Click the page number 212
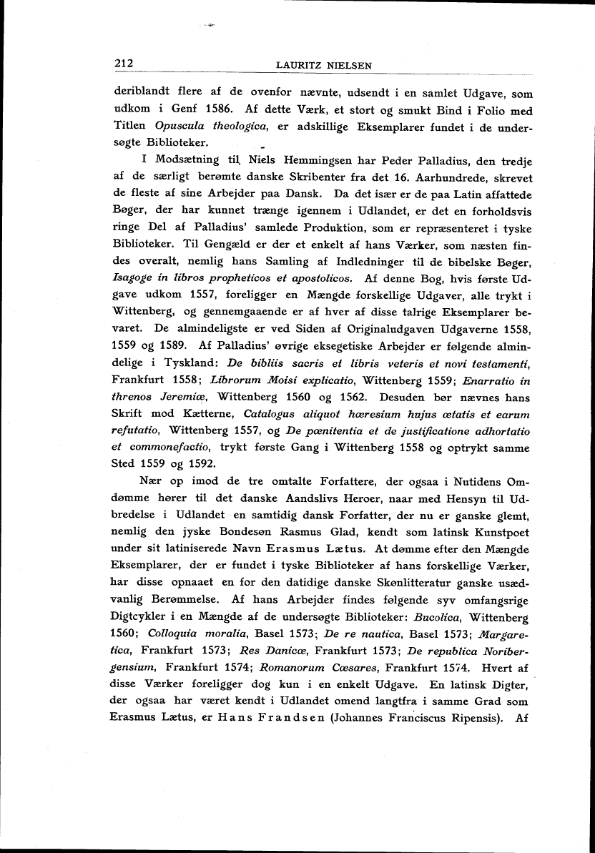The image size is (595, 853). (x=124, y=64)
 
